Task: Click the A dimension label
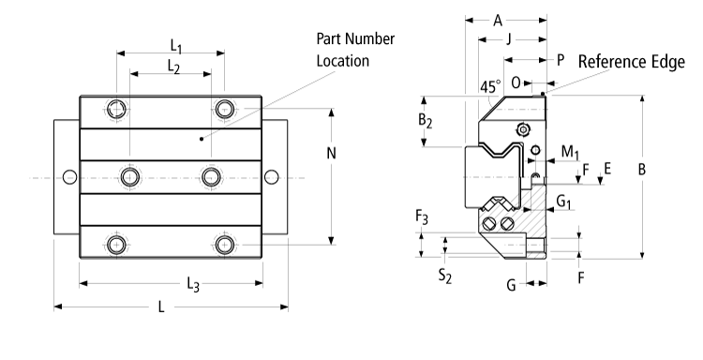click(x=497, y=19)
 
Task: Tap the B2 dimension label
click(x=425, y=121)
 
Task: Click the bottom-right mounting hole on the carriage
click(x=223, y=245)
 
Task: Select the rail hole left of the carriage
click(x=69, y=176)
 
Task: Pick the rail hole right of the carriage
click(x=271, y=176)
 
